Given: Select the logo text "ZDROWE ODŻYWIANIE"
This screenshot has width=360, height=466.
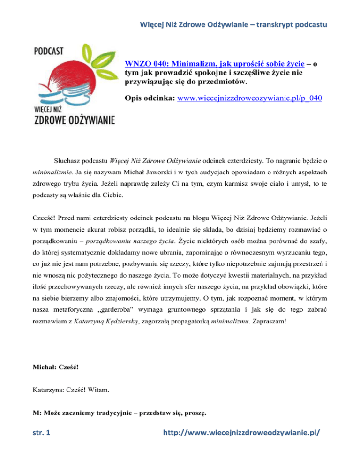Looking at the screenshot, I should pos(75,121).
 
